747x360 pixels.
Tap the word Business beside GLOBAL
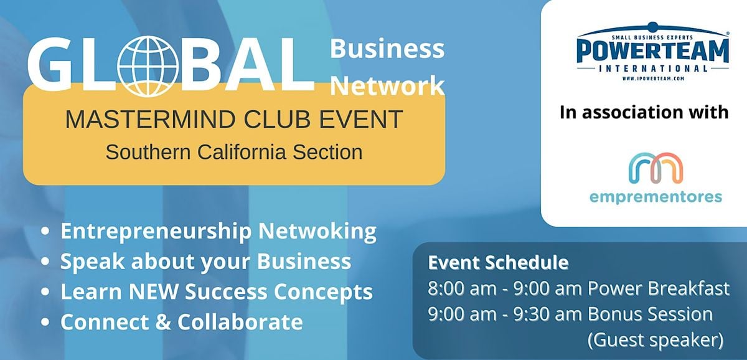coord(387,49)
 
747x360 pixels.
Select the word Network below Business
coord(387,87)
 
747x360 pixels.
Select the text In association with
coord(644,112)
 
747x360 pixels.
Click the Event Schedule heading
coord(498,263)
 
